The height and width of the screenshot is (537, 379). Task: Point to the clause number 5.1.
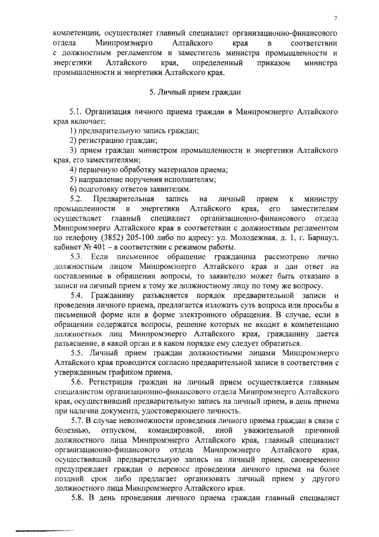pyautogui.click(x=75, y=112)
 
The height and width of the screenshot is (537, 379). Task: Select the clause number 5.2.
pyautogui.click(x=75, y=198)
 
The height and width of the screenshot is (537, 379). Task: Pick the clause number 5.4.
pyautogui.click(x=76, y=295)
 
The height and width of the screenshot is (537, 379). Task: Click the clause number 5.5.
pyautogui.click(x=76, y=353)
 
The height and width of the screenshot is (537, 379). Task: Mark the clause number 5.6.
pyautogui.click(x=76, y=382)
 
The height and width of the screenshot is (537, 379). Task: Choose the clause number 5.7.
pyautogui.click(x=75, y=420)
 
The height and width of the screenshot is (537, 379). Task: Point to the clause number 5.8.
pyautogui.click(x=75, y=497)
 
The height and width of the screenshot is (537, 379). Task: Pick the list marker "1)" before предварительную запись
pyautogui.click(x=73, y=131)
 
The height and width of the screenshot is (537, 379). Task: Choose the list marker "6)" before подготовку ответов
pyautogui.click(x=73, y=188)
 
